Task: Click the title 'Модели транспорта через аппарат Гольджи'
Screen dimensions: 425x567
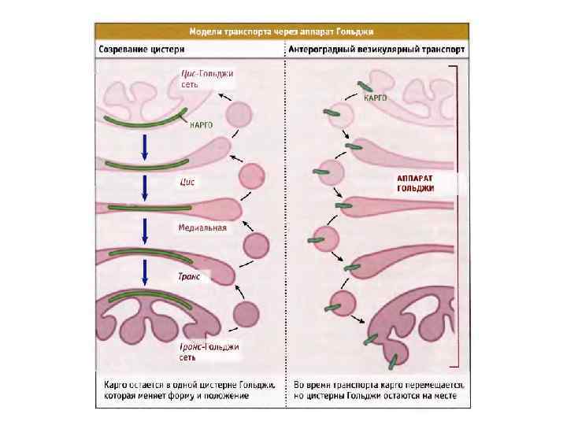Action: [282, 32]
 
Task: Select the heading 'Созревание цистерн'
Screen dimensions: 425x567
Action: [146, 49]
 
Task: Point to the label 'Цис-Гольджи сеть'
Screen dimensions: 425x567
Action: [202, 79]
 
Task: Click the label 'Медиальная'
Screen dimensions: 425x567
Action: [202, 228]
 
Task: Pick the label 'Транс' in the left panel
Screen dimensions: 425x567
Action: [190, 276]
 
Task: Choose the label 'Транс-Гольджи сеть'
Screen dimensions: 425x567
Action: [209, 352]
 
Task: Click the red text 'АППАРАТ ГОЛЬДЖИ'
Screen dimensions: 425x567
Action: [416, 183]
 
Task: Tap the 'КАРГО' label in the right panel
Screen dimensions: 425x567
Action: [375, 98]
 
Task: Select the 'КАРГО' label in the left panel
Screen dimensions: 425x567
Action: [202, 125]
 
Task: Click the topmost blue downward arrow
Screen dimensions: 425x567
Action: [145, 146]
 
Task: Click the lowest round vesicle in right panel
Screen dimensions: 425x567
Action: [342, 304]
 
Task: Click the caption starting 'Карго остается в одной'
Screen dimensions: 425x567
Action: [190, 390]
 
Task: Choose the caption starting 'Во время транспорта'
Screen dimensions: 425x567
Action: [379, 390]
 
